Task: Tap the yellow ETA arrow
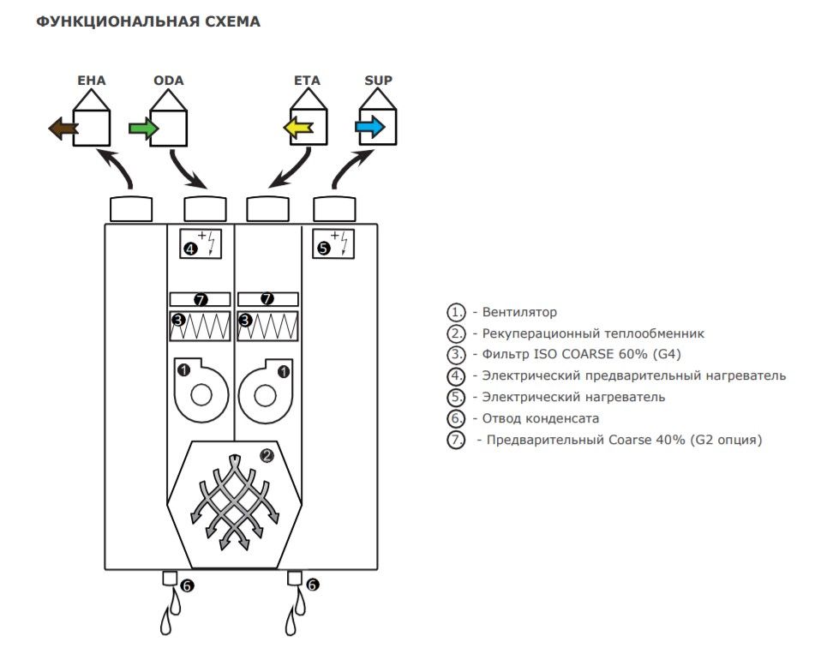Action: point(298,129)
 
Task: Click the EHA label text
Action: point(91,81)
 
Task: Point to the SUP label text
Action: point(378,81)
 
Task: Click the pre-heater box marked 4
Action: point(201,243)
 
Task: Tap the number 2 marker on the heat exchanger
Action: point(267,456)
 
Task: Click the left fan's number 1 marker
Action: point(183,370)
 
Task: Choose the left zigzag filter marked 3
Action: point(201,326)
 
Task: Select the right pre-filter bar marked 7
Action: point(267,299)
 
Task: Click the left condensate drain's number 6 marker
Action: point(188,585)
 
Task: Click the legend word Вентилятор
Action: point(519,312)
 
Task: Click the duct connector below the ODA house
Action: point(206,208)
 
